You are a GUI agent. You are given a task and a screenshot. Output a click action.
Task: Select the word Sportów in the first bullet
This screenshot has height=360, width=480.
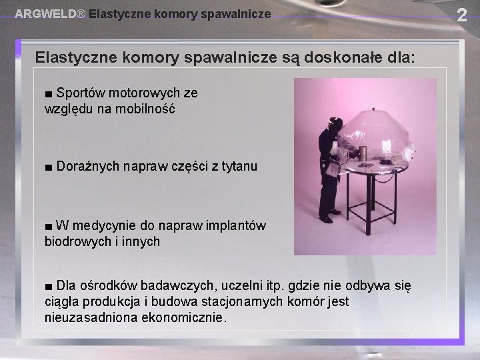(x=77, y=92)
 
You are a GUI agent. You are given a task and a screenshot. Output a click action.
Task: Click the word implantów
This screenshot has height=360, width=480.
(x=236, y=226)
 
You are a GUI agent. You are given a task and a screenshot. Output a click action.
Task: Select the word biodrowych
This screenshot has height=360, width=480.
(x=76, y=242)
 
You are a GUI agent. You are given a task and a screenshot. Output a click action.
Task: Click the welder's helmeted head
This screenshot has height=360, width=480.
(x=335, y=125)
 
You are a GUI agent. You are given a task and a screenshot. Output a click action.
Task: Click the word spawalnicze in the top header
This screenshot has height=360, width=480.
(x=237, y=13)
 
